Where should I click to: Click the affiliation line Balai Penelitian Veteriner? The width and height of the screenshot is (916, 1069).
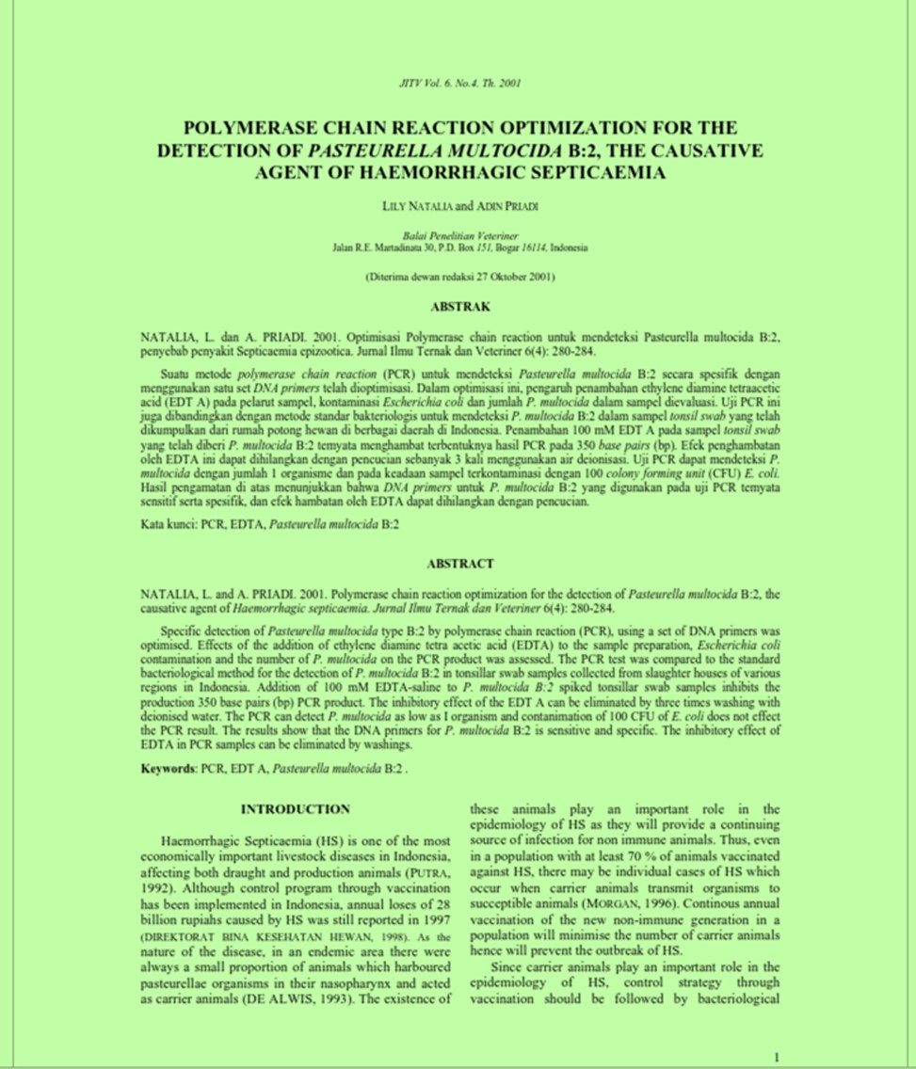click(x=459, y=235)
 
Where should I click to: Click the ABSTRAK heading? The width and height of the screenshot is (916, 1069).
click(x=459, y=307)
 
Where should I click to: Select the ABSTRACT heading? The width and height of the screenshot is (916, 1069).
click(x=459, y=564)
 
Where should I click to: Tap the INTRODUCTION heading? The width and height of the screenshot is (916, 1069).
click(x=295, y=808)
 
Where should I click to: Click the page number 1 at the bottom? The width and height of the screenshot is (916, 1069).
click(x=776, y=1058)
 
